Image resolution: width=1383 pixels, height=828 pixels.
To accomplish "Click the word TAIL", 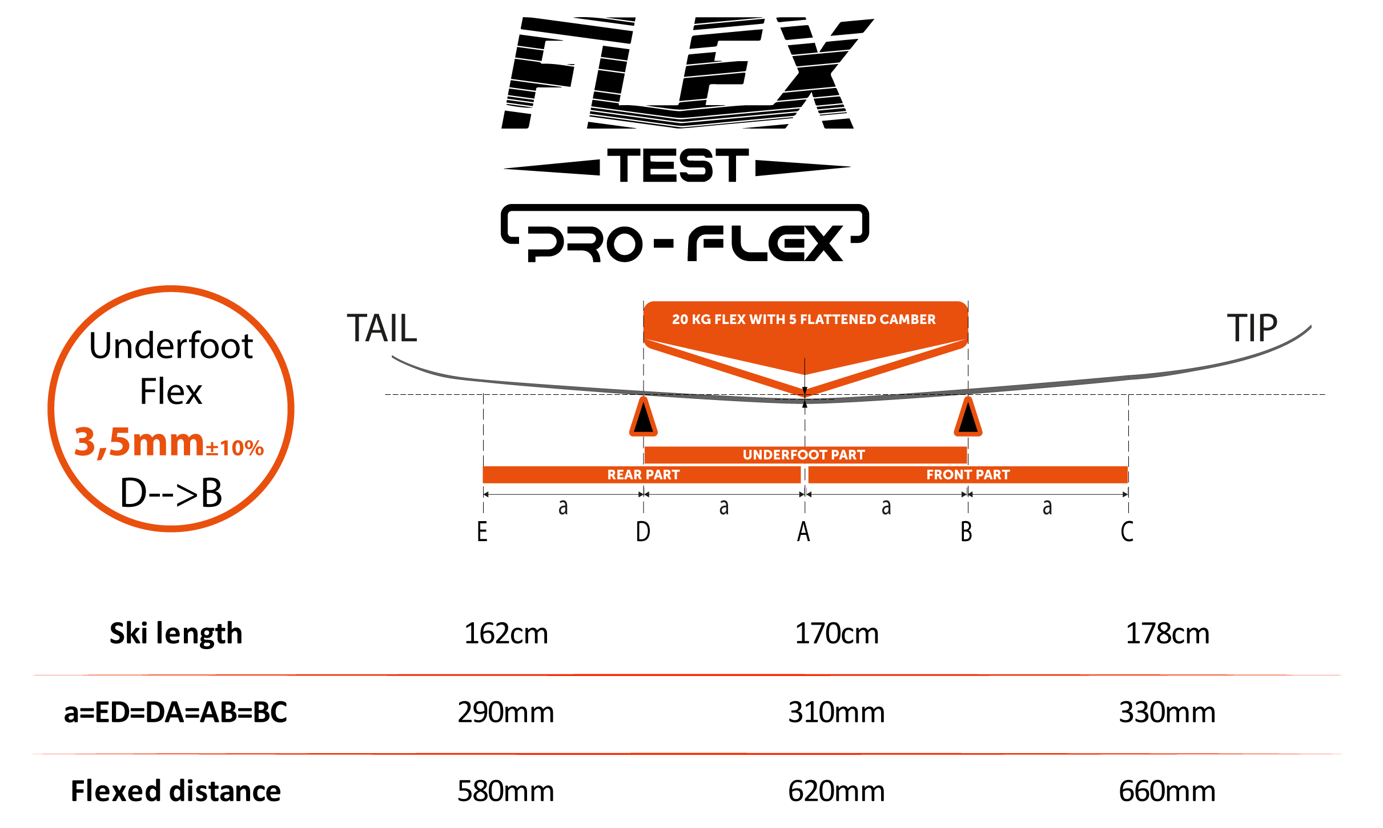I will [x=381, y=329].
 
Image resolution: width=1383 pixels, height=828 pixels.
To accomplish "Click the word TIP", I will [x=1252, y=329].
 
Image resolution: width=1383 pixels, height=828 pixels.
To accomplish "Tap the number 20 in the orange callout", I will [x=680, y=319].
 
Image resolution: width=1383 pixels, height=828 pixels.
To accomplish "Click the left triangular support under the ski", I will [x=644, y=418].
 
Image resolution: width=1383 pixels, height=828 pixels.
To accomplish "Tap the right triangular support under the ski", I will [x=968, y=418].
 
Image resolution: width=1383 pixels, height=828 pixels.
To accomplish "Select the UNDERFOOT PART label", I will [x=803, y=455].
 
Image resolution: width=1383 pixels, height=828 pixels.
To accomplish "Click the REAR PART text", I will [x=643, y=475].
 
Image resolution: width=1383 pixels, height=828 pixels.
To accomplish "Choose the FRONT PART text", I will [x=968, y=475].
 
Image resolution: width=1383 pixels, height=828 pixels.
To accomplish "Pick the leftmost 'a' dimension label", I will [x=563, y=507].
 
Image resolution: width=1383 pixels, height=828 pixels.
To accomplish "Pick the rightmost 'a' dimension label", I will [x=1047, y=507].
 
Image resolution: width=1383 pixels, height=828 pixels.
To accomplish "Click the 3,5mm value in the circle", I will [x=139, y=442].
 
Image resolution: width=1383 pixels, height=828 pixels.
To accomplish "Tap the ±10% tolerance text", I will [x=235, y=447].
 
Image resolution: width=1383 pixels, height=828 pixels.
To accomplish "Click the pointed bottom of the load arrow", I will [x=805, y=394].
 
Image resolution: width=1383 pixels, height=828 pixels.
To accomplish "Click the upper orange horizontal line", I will [x=685, y=675].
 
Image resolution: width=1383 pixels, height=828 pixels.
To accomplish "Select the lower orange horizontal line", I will [x=685, y=754].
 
